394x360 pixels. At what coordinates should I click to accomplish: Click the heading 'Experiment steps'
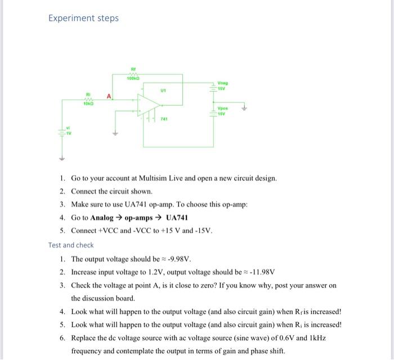[x=83, y=18]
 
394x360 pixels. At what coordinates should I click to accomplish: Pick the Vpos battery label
[x=223, y=110]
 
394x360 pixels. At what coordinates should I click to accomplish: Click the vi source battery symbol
[x=58, y=134]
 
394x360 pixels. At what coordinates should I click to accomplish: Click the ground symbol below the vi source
[x=58, y=158]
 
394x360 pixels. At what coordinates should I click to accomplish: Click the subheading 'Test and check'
[x=71, y=245]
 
